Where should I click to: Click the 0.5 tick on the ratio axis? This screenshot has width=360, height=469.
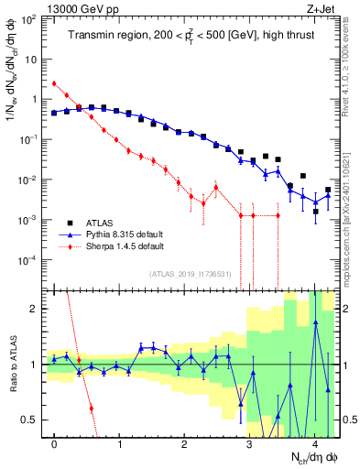(x=34, y=420)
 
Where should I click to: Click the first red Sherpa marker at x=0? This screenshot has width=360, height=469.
(x=54, y=83)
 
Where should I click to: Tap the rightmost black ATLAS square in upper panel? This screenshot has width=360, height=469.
(x=328, y=190)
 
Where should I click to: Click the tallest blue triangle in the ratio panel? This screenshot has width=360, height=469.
(x=315, y=322)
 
